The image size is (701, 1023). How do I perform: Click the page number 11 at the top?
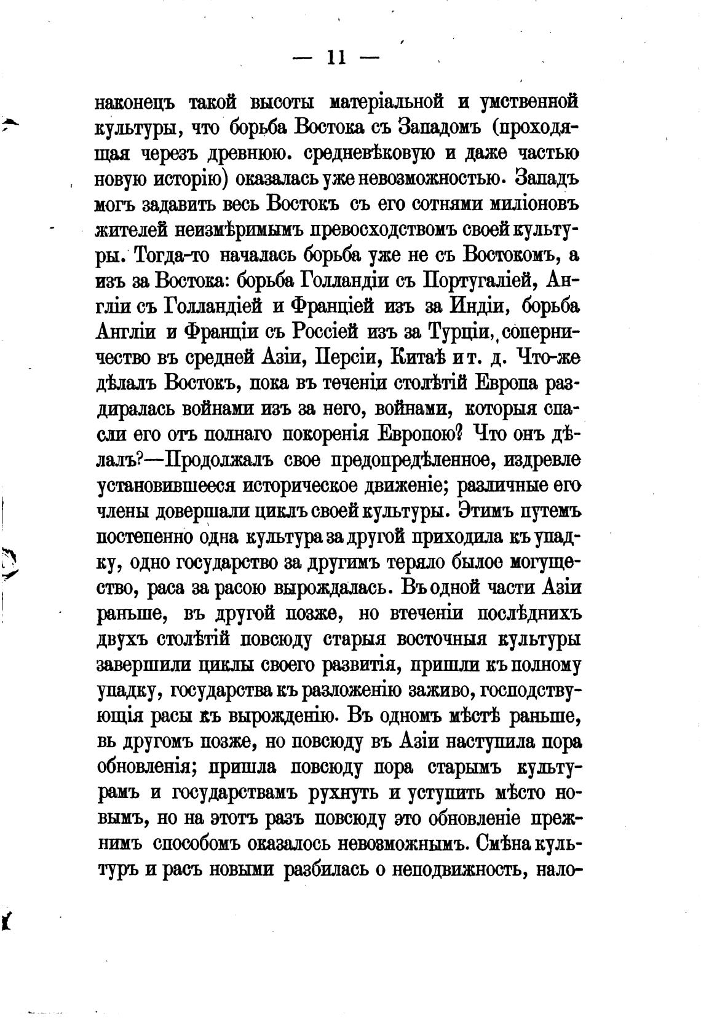[335, 58]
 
